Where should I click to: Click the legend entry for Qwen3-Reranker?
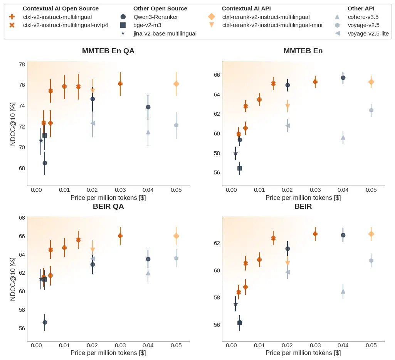[x=152, y=17]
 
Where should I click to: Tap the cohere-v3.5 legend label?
[x=363, y=17]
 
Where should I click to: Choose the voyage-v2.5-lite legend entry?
[x=368, y=34]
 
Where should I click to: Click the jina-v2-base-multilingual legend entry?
[x=165, y=34]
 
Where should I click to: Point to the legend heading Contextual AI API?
[x=246, y=8]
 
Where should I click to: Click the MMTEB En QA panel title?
[x=108, y=51]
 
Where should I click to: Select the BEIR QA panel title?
[x=108, y=206]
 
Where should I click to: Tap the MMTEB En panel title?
[x=303, y=51]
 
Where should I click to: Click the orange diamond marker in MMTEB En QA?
[x=176, y=84]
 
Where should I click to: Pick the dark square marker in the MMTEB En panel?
[x=240, y=168]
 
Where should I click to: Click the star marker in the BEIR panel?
[x=235, y=304]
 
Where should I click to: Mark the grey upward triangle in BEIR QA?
[x=148, y=273]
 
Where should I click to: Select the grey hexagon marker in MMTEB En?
[x=371, y=110]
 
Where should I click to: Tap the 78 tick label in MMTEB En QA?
[x=22, y=64]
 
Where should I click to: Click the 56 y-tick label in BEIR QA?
[x=22, y=328]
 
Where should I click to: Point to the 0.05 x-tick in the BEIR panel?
[x=371, y=345]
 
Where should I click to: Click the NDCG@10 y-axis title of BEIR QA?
[x=13, y=279]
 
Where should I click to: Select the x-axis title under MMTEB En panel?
[x=303, y=198]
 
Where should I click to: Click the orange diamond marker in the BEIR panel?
[x=371, y=234]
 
